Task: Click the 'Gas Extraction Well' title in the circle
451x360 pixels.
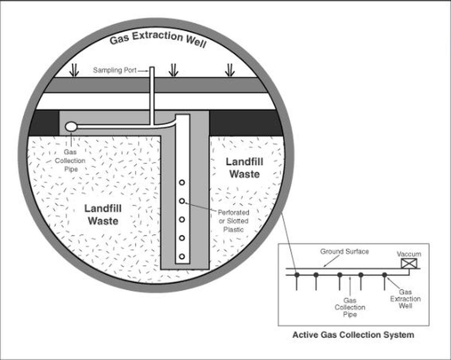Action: tap(158, 39)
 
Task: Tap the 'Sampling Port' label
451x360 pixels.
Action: tap(115, 70)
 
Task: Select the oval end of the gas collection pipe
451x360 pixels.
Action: tap(70, 127)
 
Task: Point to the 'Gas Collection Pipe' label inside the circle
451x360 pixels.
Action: tap(74, 160)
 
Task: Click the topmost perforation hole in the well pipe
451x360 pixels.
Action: tap(182, 182)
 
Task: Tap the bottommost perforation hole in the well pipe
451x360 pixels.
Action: tap(182, 256)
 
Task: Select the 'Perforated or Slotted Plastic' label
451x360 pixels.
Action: tap(234, 221)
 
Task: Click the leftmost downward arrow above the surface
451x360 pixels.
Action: tap(74, 70)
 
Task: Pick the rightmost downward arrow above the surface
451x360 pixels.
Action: tap(230, 70)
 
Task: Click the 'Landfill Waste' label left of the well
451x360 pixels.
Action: tap(103, 215)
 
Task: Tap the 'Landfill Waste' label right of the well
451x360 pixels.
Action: tap(244, 168)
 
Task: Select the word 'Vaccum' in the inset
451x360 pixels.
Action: tap(409, 254)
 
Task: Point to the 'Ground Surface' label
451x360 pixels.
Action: tap(344, 251)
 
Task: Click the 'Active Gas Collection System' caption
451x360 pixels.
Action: tap(353, 334)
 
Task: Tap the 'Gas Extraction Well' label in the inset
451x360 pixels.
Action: tap(405, 299)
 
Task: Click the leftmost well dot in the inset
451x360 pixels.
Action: tap(297, 275)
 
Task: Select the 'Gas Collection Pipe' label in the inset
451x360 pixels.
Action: tap(350, 307)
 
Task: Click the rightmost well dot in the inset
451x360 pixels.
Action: tap(384, 275)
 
